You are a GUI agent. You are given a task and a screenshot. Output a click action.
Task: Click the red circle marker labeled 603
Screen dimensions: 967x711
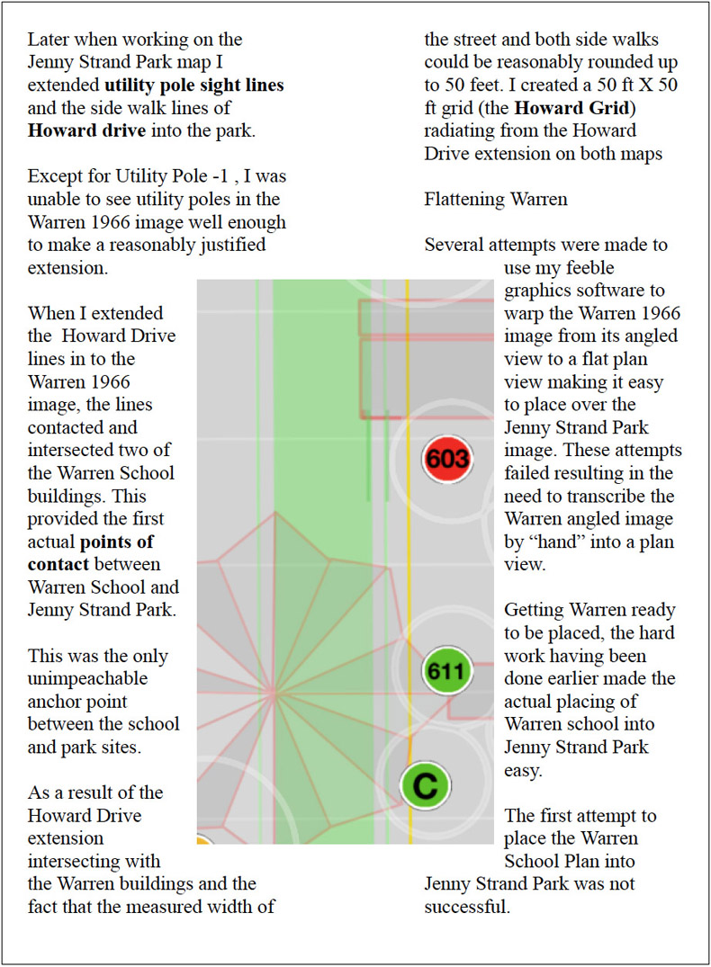click(447, 460)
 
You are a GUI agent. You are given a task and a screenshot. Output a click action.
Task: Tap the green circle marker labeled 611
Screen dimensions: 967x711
click(447, 670)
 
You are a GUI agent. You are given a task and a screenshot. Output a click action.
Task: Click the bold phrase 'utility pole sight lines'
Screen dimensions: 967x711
click(194, 86)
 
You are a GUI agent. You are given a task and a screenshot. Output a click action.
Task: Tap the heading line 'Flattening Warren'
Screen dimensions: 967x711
click(495, 199)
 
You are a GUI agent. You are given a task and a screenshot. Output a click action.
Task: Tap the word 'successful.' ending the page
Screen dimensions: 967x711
click(467, 907)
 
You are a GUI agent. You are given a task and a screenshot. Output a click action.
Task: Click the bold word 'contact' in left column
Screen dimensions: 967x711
click(58, 564)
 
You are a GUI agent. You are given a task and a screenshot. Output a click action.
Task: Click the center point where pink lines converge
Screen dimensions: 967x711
click(271, 693)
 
